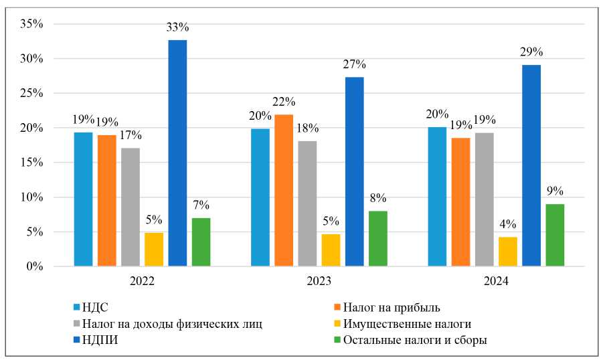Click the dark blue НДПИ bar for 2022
click(177, 153)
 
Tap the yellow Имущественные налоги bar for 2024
click(507, 252)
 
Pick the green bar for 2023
click(377, 239)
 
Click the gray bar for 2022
click(131, 207)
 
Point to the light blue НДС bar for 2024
click(437, 197)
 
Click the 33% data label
click(177, 27)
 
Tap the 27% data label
click(354, 64)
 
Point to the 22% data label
click(284, 101)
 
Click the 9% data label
click(555, 191)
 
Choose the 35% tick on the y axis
click(32, 24)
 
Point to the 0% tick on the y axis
click(35, 267)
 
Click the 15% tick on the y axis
click(32, 163)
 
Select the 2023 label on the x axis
click(319, 282)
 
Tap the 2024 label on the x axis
click(495, 282)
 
